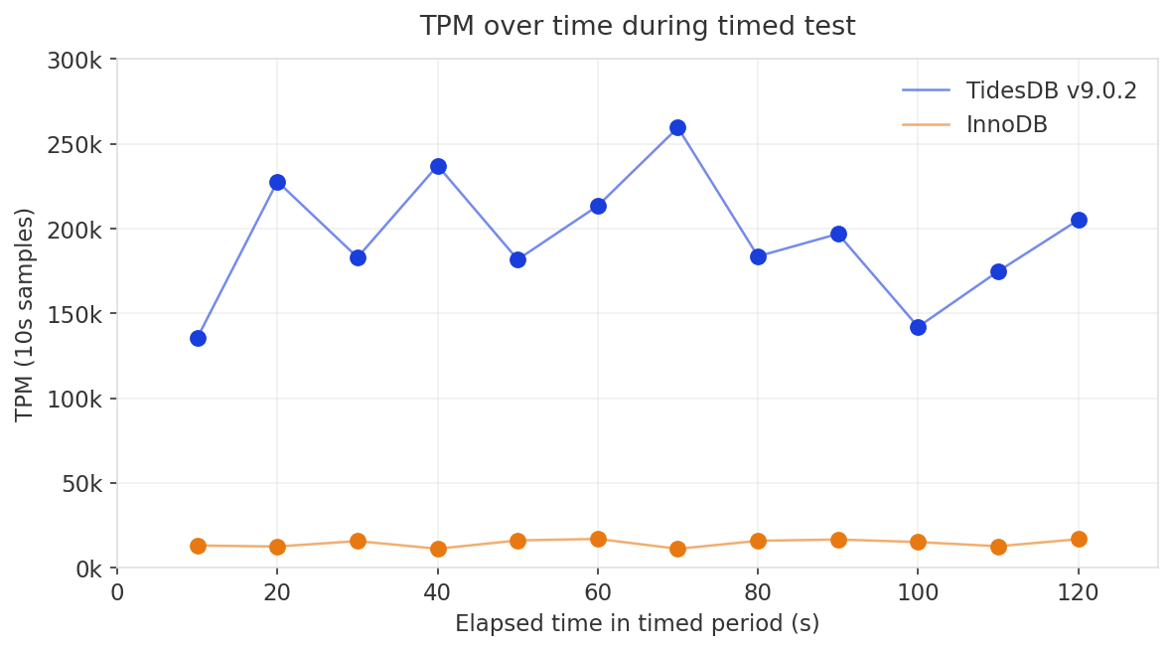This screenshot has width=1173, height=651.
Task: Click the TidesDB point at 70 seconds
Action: (677, 127)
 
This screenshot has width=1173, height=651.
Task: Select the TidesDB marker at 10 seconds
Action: (198, 338)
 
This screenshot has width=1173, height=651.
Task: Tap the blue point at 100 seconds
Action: (918, 327)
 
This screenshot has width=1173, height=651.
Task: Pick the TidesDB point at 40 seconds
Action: (438, 166)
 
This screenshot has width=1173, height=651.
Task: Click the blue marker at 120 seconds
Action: (1079, 220)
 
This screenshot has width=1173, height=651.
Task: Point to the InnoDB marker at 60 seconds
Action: (598, 539)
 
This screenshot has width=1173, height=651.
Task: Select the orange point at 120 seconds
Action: (1079, 539)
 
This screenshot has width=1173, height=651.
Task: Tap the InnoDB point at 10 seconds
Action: (198, 546)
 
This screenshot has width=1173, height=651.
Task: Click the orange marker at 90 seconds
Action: (838, 540)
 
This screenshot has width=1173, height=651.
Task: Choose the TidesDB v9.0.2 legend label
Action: (1051, 90)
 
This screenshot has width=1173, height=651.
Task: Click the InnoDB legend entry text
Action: (1006, 124)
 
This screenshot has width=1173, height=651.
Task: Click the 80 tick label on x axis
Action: (758, 593)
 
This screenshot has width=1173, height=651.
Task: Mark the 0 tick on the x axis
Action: (117, 593)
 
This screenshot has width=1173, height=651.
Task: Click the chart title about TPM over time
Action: (637, 26)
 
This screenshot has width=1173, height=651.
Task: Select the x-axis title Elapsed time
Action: (637, 624)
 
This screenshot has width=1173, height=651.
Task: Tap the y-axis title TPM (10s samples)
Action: (25, 314)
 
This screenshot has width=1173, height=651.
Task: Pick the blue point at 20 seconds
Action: (277, 182)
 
